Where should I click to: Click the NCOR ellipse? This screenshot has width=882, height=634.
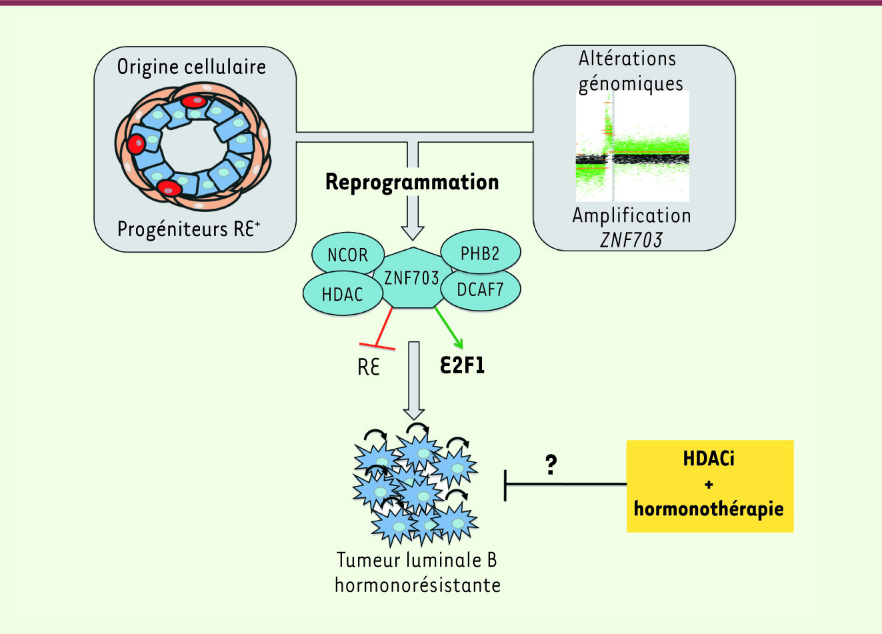pyautogui.click(x=347, y=255)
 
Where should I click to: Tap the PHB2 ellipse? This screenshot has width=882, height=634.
pyautogui.click(x=479, y=253)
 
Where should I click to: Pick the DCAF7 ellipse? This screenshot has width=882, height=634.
pyautogui.click(x=480, y=289)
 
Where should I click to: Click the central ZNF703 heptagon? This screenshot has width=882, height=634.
pyautogui.click(x=411, y=277)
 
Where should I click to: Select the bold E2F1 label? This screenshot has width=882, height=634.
pyautogui.click(x=462, y=365)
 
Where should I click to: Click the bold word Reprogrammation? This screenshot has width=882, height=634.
pyautogui.click(x=412, y=182)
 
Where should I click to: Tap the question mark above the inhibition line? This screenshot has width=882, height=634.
pyautogui.click(x=551, y=464)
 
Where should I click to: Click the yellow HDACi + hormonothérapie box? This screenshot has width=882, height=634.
pyautogui.click(x=710, y=486)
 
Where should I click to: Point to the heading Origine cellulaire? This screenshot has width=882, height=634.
pyautogui.click(x=191, y=67)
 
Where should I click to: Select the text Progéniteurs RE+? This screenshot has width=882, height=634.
pyautogui.click(x=189, y=229)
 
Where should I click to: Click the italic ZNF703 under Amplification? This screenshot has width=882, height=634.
pyautogui.click(x=631, y=239)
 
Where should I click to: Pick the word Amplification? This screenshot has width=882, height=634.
pyautogui.click(x=631, y=215)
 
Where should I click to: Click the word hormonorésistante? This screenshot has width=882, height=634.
pyautogui.click(x=417, y=585)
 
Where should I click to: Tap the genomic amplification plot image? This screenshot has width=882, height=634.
pyautogui.click(x=632, y=146)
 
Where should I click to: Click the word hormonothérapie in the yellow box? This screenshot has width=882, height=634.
pyautogui.click(x=709, y=509)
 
